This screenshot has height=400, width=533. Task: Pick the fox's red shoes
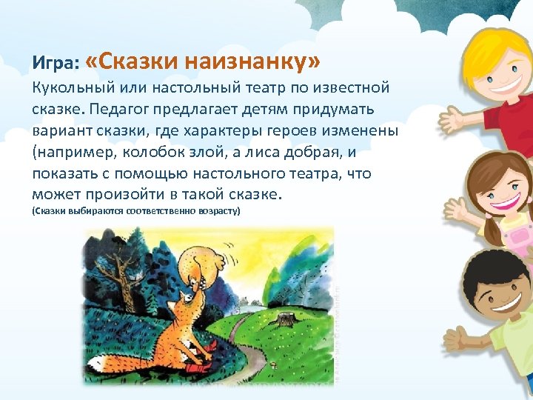[196, 364]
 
